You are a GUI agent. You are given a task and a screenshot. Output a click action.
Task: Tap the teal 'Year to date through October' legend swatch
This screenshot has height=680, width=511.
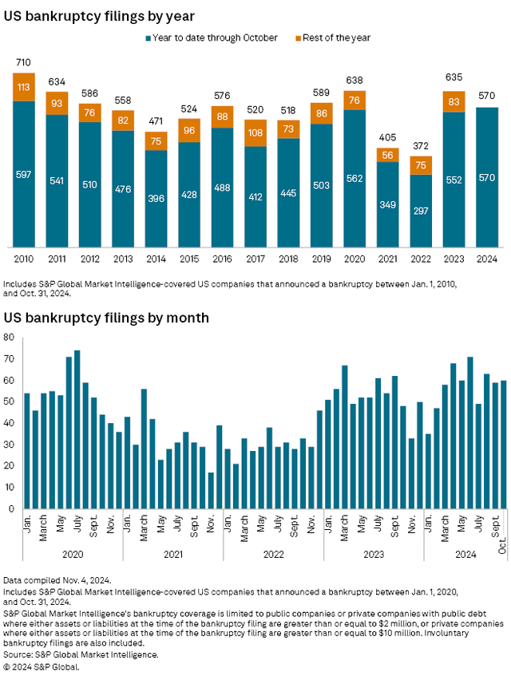(x=149, y=38)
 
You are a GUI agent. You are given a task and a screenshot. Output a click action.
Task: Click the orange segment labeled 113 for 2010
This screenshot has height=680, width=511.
(x=25, y=88)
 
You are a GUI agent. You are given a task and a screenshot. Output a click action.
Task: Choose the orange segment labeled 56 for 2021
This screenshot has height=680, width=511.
(x=388, y=155)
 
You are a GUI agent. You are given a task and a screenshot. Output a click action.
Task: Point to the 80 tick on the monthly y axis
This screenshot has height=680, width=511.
(x=9, y=338)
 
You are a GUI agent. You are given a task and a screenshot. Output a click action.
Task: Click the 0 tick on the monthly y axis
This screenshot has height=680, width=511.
(x=12, y=508)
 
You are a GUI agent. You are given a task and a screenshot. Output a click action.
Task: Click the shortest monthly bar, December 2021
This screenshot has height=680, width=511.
(x=211, y=490)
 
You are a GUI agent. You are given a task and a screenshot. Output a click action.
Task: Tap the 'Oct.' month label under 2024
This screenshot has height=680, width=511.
(x=503, y=524)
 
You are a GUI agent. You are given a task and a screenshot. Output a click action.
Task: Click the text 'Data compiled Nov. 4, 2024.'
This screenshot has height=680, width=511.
(x=57, y=601)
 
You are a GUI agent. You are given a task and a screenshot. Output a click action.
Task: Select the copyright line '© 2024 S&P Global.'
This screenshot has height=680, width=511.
(x=42, y=665)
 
